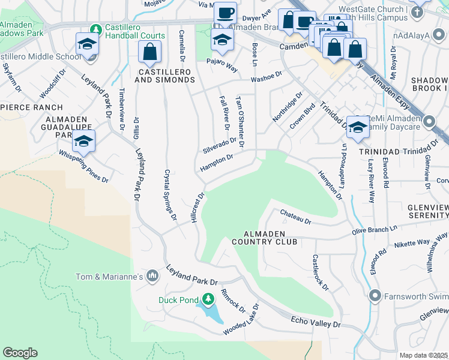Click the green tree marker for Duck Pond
pos(208,299)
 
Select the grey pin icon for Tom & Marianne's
pos(152,276)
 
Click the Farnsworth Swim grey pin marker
pos(375,295)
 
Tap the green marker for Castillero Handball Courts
pos(95,29)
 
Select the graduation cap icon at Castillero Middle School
pos(86,43)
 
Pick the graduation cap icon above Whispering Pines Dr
pos(83,142)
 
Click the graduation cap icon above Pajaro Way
pos(222,40)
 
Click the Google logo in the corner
pos(20,353)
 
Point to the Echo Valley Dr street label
pos(316,323)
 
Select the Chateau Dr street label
pos(295,217)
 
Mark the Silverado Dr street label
pos(219,145)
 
